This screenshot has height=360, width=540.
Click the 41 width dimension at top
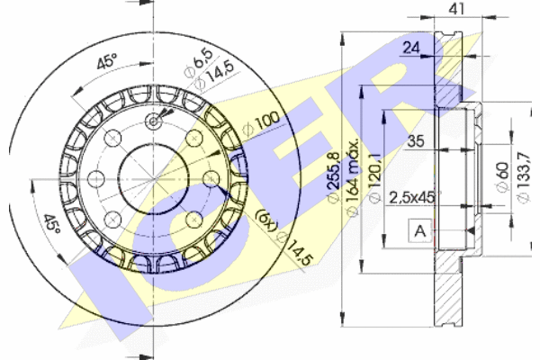click(x=457, y=8)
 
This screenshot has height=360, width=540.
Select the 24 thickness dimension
click(x=411, y=48)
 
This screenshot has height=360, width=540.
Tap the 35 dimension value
click(x=416, y=141)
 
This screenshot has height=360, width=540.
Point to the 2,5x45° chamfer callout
click(x=415, y=198)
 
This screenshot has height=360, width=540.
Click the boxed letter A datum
click(x=420, y=230)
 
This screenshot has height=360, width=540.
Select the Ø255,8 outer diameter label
click(x=333, y=178)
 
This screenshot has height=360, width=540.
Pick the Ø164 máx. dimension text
click(x=352, y=178)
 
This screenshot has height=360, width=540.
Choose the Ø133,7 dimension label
click(x=523, y=177)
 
